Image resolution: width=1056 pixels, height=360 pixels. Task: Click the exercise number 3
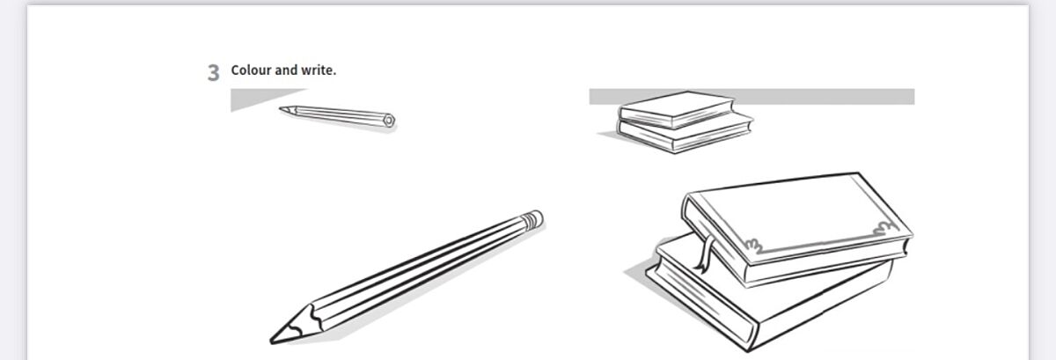tap(213, 73)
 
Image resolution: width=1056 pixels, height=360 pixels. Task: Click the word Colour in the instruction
tap(252, 70)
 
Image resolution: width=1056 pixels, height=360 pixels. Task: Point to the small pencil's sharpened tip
tap(281, 109)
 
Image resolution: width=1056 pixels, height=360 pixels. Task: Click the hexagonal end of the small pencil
tap(388, 121)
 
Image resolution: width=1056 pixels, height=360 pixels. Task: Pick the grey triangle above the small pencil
tap(257, 97)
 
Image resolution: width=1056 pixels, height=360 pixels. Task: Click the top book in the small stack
tap(677, 109)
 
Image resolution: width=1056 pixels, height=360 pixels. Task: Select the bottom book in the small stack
tap(685, 135)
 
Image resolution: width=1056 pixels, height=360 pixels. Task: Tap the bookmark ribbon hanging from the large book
tap(705, 253)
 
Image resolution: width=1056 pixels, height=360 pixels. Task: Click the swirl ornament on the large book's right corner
tap(886, 229)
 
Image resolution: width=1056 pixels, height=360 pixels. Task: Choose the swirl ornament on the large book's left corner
tap(753, 246)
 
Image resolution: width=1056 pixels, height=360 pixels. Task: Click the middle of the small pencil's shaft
tap(341, 114)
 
